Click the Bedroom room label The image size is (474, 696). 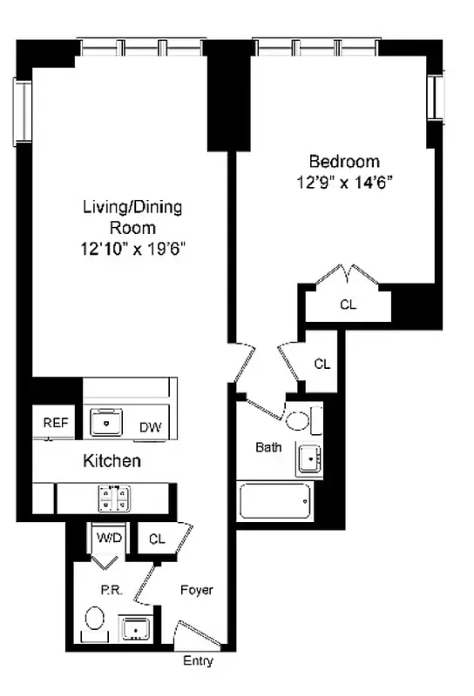coord(345,161)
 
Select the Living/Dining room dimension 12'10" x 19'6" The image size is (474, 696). coord(132,248)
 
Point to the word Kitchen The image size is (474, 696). coord(112,461)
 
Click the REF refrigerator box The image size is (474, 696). coord(55,423)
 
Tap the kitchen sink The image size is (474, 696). coord(107,422)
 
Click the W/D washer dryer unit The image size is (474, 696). coord(110,539)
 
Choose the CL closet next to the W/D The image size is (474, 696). coord(158,539)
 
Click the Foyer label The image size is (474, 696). coord(196,590)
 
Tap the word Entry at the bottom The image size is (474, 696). coord(198,661)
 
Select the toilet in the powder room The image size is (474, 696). coord(96,621)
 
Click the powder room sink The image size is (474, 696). coord(135,627)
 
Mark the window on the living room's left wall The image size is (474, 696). coord(22,111)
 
